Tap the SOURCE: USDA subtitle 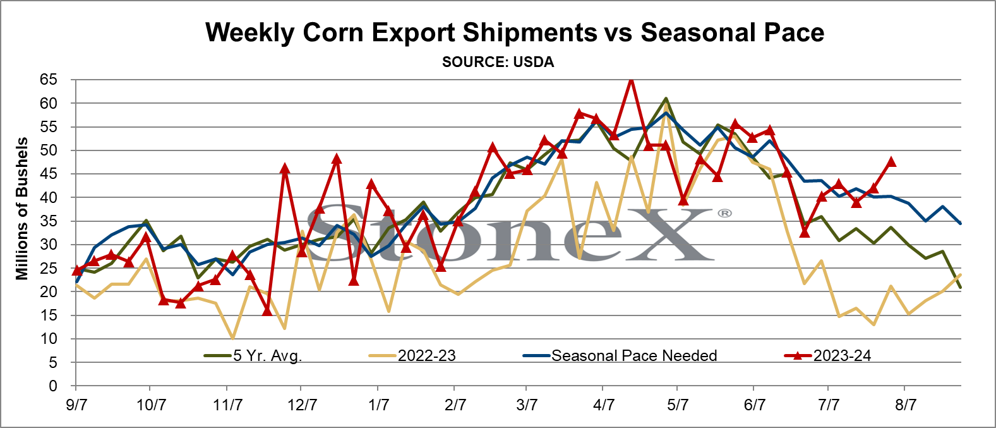click(498, 62)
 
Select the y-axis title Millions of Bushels click(21, 209)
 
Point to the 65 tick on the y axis click(49, 80)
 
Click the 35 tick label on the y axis click(49, 221)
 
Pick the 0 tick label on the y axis click(53, 386)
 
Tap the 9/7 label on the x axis click(76, 405)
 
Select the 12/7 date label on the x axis click(302, 405)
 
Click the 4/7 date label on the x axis click(603, 405)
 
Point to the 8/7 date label click(905, 405)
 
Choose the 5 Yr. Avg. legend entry click(253, 356)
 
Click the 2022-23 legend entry click(412, 356)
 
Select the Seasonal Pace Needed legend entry click(620, 356)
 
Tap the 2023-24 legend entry click(827, 356)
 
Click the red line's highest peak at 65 click(631, 80)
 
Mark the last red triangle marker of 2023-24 click(891, 162)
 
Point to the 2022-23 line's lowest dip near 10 click(232, 338)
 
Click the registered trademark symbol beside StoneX click(724, 214)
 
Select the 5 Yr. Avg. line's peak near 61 click(666, 99)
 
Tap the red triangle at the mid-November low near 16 click(267, 311)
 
